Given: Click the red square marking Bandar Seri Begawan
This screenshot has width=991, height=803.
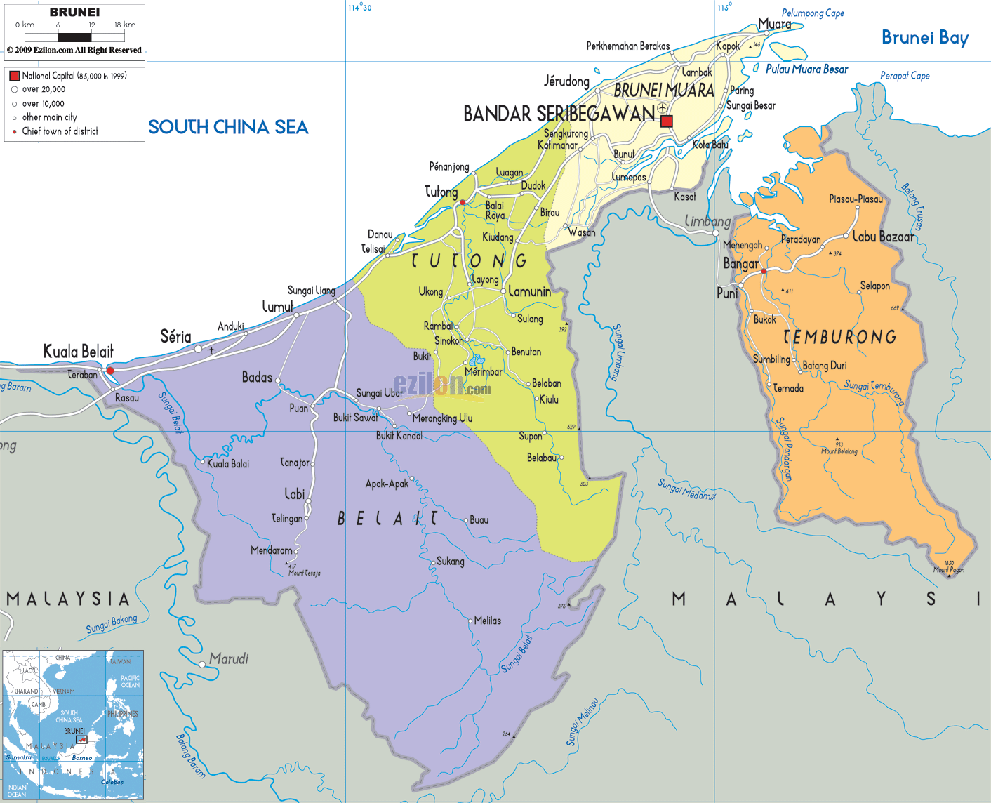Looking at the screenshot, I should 667,121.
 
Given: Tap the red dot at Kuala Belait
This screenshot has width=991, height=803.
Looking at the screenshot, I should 110,370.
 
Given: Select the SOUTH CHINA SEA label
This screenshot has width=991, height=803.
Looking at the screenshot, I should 228,127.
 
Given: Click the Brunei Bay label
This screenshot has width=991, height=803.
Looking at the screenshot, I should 924,37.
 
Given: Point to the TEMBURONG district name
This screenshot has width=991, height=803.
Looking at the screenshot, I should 839,338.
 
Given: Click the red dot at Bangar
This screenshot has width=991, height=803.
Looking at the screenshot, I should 764,271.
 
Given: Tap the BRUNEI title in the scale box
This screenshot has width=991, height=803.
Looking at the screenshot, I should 74,12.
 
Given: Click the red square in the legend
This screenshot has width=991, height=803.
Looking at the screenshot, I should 14,76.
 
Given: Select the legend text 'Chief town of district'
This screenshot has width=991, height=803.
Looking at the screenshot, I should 60,131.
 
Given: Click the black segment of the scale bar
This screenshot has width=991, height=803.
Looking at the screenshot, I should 74,37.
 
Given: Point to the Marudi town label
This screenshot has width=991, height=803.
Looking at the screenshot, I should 229,658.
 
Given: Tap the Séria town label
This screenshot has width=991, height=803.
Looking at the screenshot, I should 175,336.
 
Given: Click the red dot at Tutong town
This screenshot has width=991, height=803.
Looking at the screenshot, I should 462,202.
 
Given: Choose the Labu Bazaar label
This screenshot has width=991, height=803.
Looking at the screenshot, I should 883,237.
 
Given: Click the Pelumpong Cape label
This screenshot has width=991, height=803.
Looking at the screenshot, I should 813,13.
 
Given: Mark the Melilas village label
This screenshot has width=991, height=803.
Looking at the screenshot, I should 487,620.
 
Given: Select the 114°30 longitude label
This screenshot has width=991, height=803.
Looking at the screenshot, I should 360,7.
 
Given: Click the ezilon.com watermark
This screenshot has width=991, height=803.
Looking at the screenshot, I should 441,385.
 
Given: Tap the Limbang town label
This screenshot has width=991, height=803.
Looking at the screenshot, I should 707,221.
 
